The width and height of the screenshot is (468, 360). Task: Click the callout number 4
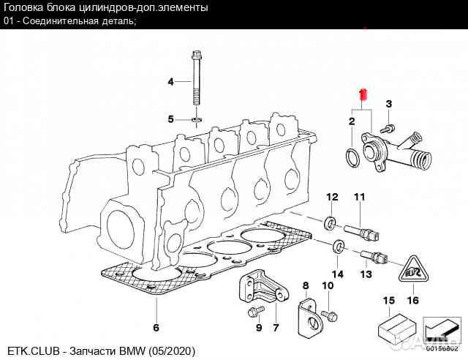(170, 81)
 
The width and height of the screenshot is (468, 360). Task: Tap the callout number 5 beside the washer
(170, 119)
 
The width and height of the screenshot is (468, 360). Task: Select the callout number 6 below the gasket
(155, 326)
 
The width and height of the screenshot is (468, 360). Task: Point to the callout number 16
(412, 300)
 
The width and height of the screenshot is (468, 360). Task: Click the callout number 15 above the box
(389, 300)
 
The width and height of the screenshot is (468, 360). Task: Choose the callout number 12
(331, 197)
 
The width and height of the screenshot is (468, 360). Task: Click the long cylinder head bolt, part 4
(197, 80)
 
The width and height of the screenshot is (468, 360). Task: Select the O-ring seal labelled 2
(352, 156)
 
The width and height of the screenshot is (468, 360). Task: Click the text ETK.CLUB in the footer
(30, 352)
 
